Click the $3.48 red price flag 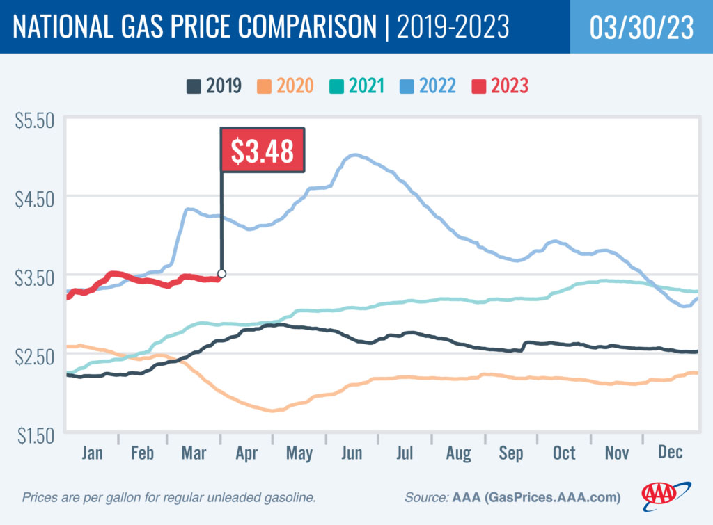(263, 150)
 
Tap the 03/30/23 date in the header (641, 27)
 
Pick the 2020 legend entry (285, 86)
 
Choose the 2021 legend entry (357, 86)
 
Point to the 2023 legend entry (500, 86)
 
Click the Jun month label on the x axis (352, 453)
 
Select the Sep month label (510, 453)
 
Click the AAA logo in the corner (666, 494)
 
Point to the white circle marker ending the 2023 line (221, 273)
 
